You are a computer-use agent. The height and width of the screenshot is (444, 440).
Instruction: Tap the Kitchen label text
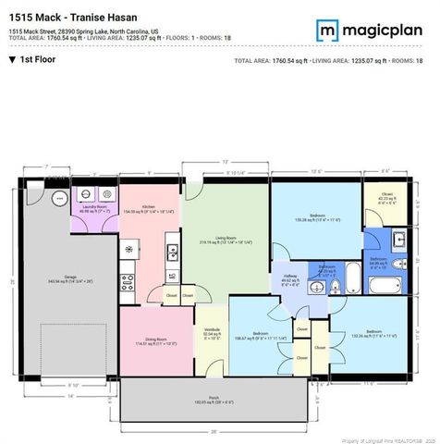click(x=149, y=208)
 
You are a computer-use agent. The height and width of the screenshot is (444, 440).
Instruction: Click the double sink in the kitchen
click(x=172, y=251)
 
